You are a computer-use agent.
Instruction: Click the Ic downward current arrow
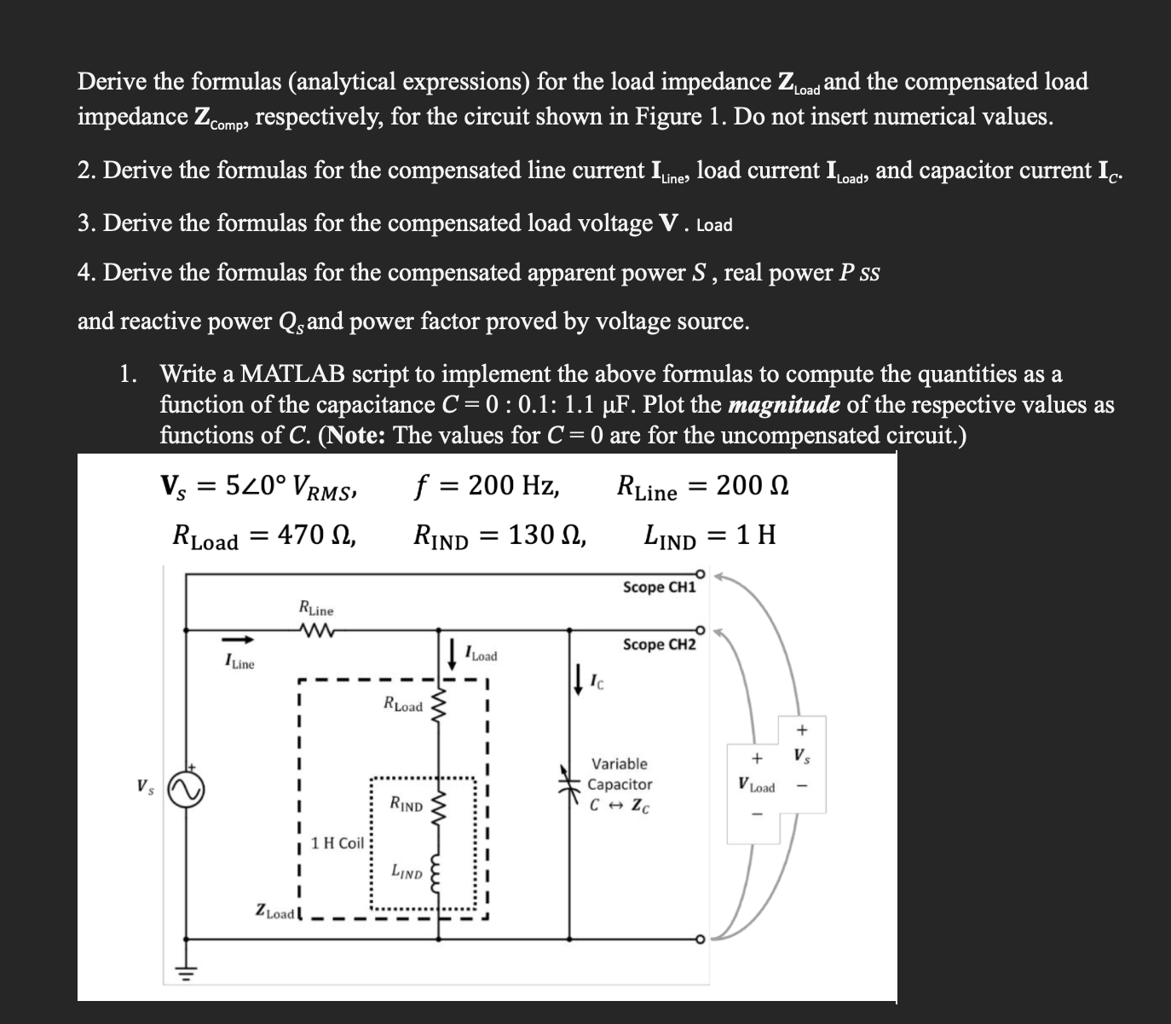click(x=580, y=680)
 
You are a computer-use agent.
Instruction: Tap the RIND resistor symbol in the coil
click(x=440, y=805)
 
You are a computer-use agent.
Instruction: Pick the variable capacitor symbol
click(x=569, y=784)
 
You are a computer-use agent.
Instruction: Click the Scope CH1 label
click(x=659, y=587)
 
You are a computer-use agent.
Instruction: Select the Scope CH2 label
click(x=659, y=645)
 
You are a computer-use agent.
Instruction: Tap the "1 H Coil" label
click(x=337, y=843)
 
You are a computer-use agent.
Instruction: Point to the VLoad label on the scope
click(x=756, y=787)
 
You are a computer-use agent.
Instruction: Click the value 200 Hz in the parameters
click(x=513, y=486)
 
